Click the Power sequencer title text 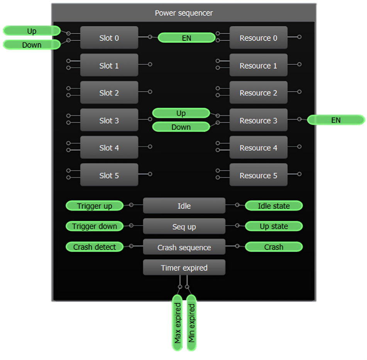184,13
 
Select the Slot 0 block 109,38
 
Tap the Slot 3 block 109,120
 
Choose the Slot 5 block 109,175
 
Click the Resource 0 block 258,38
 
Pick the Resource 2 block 258,93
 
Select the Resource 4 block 258,148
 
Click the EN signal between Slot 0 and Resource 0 186,38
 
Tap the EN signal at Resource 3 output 336,120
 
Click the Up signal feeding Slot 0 32,31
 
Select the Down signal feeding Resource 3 181,127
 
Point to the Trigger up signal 95,206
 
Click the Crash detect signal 95,247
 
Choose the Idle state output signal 274,206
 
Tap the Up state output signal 274,226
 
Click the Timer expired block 184,267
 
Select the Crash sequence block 184,247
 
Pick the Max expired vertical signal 178,322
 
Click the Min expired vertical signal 192,322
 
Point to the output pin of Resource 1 299,64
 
